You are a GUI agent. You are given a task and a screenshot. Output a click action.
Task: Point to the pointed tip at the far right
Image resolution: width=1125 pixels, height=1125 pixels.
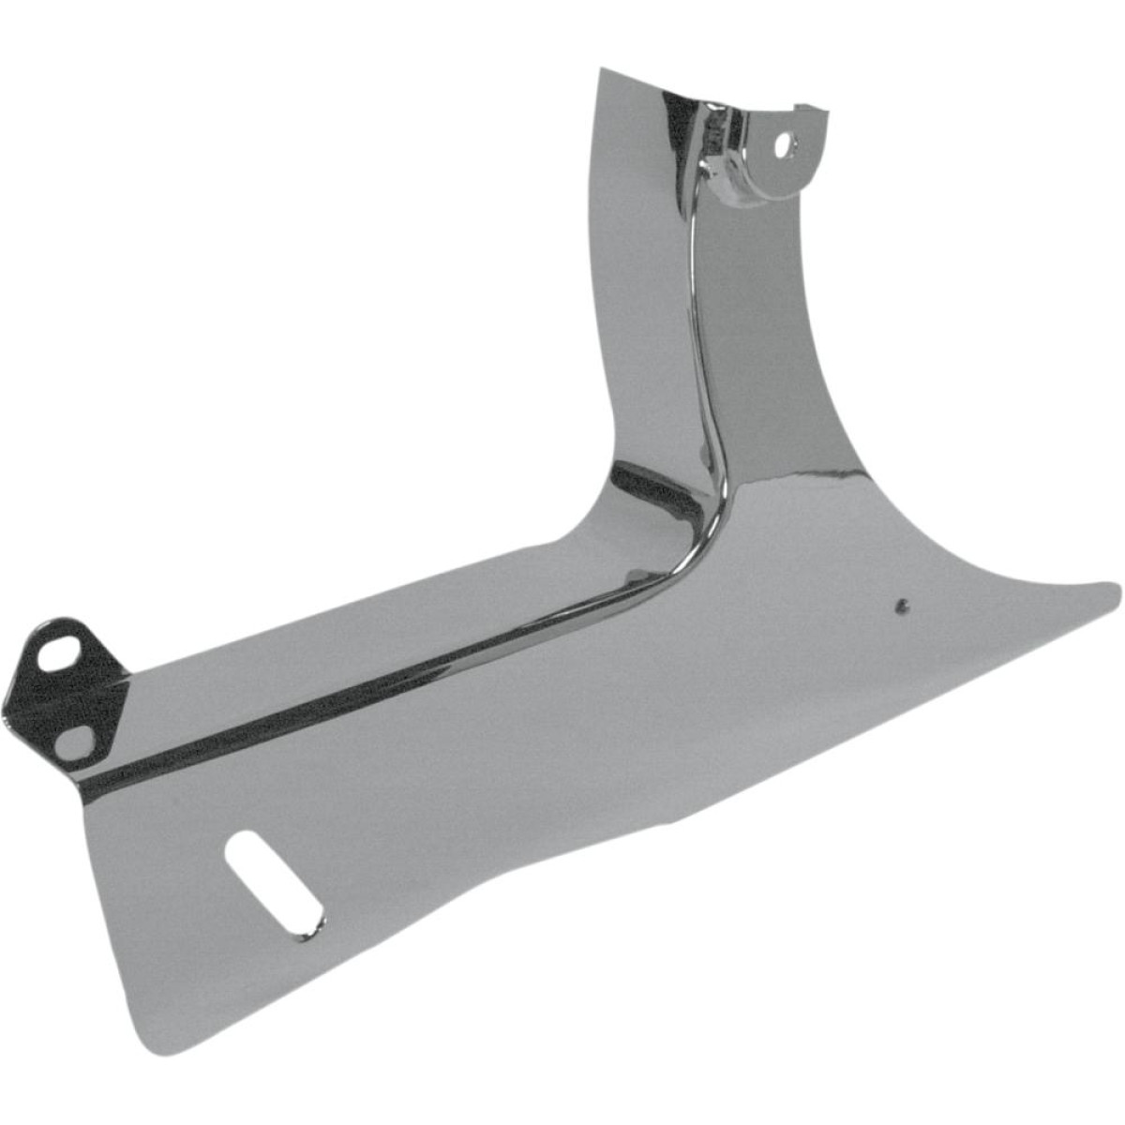[1116, 590]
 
